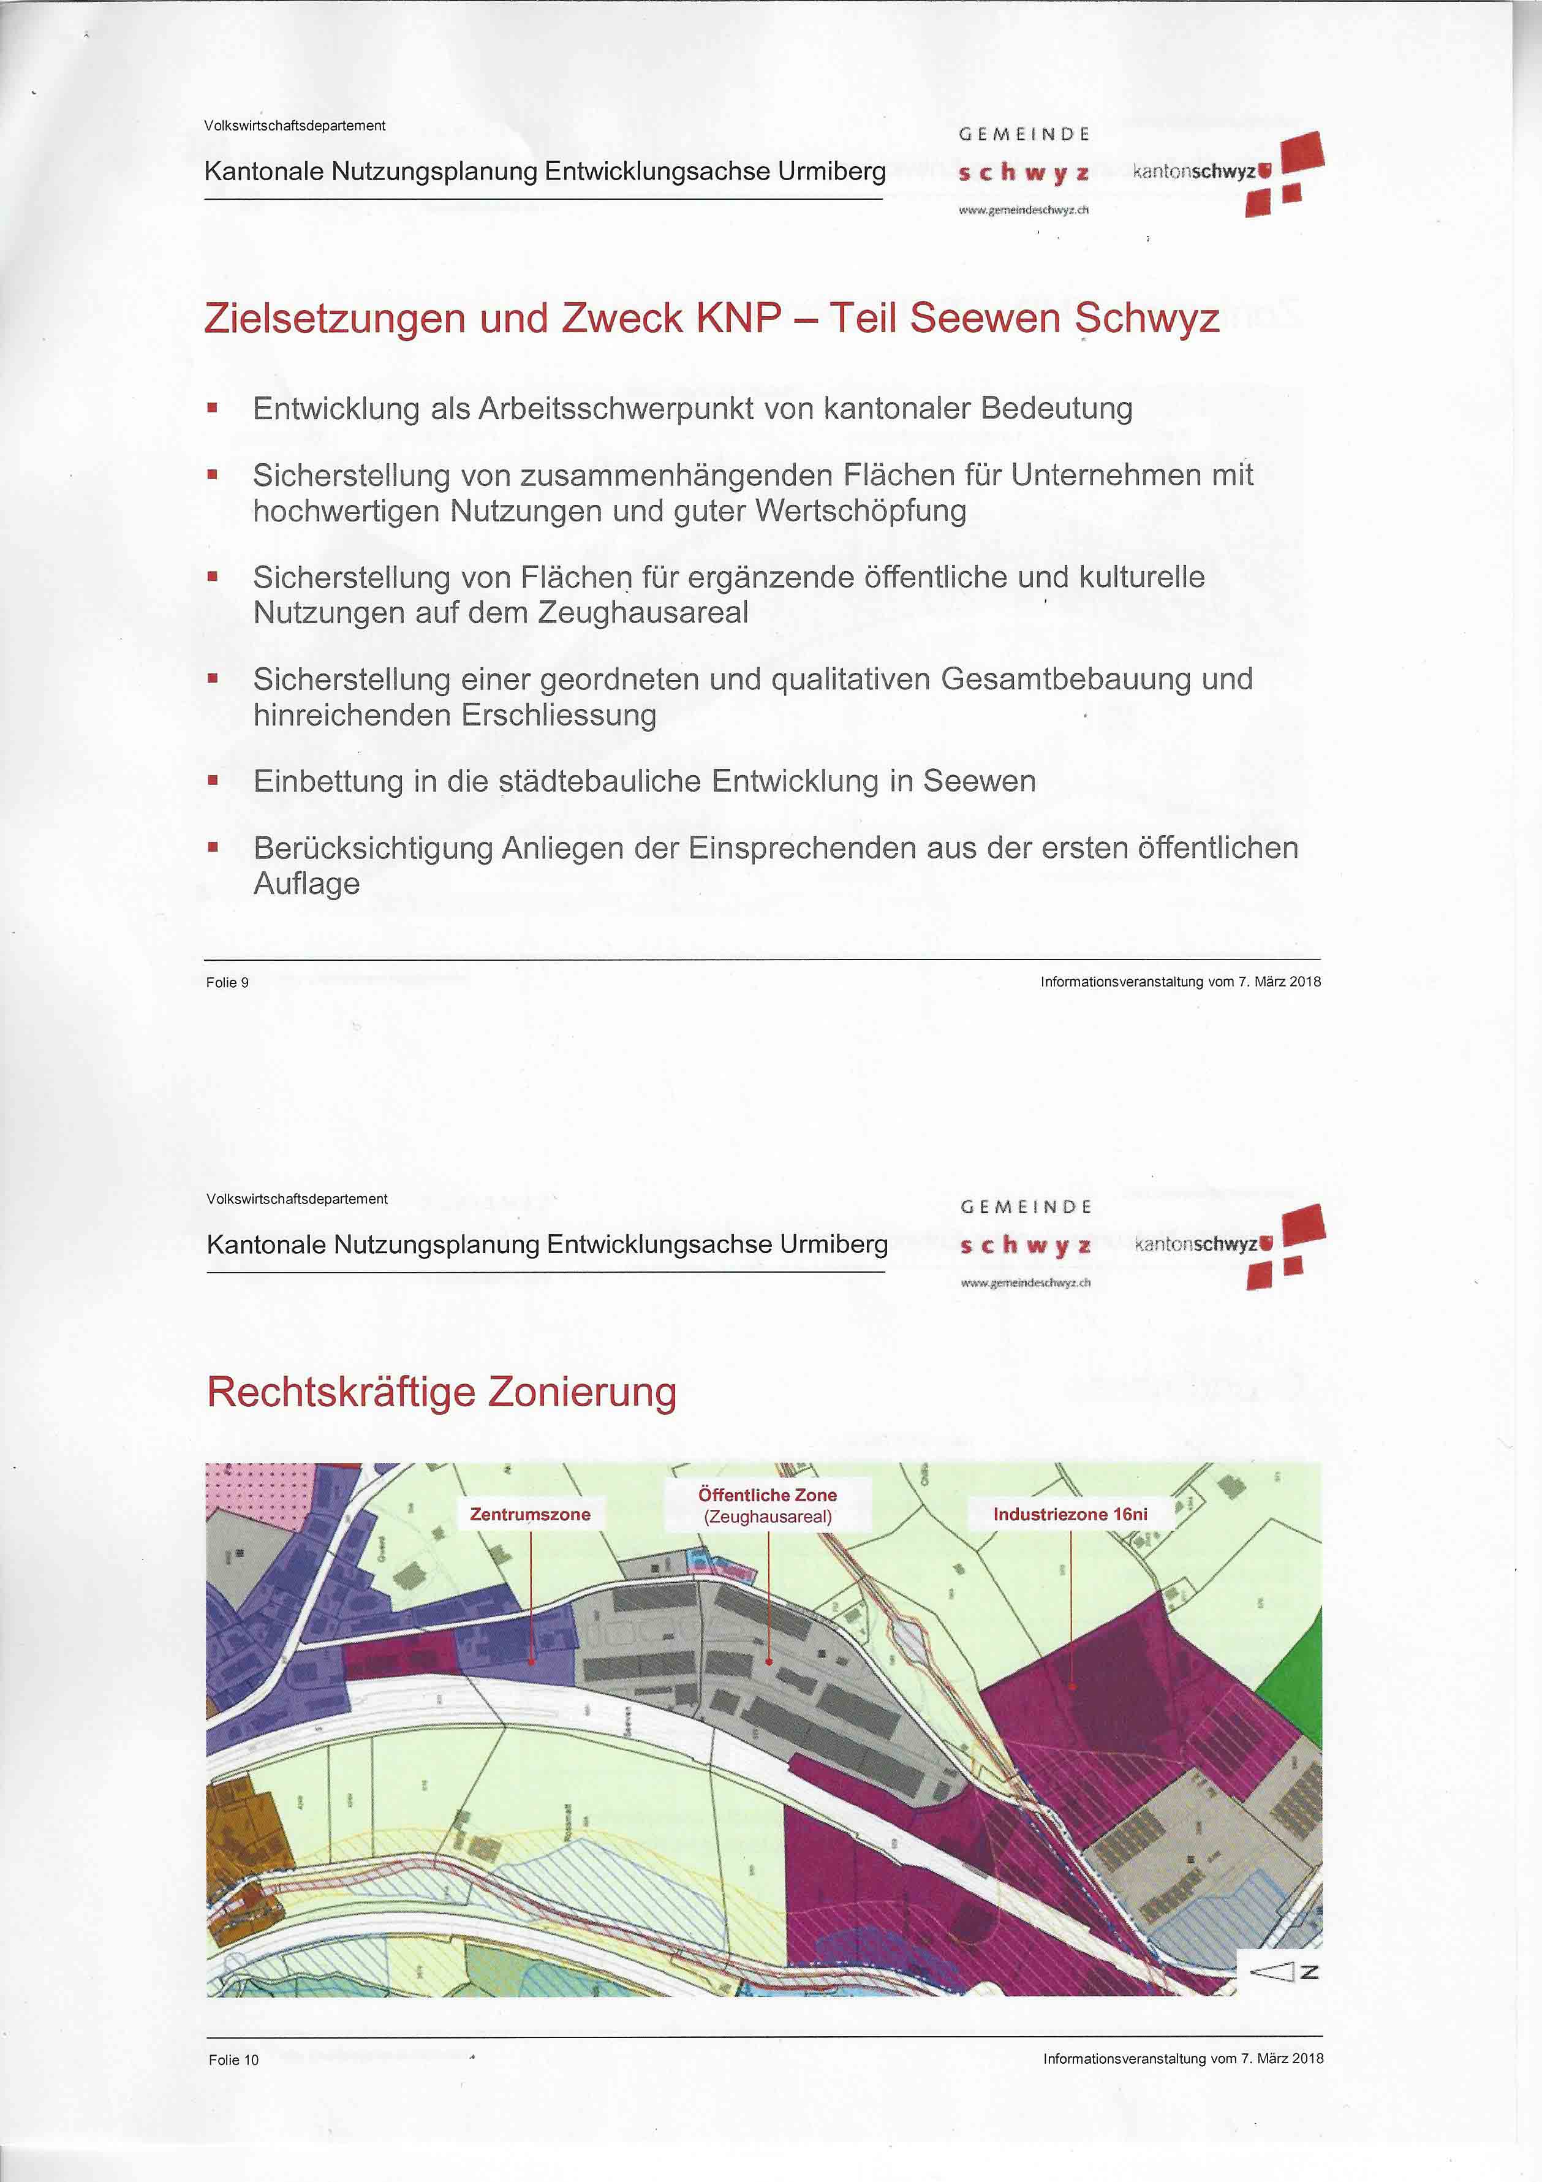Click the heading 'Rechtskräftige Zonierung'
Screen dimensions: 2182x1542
[x=442, y=1392]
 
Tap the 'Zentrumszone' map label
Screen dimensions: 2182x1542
[x=530, y=1514]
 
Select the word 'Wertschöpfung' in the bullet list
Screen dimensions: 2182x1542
[x=861, y=511]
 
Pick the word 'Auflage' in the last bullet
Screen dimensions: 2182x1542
[x=306, y=884]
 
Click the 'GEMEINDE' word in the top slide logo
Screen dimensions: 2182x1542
[x=1024, y=135]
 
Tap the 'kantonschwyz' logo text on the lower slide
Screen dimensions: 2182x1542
[x=1195, y=1244]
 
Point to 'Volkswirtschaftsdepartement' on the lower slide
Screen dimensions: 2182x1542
[x=297, y=1199]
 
